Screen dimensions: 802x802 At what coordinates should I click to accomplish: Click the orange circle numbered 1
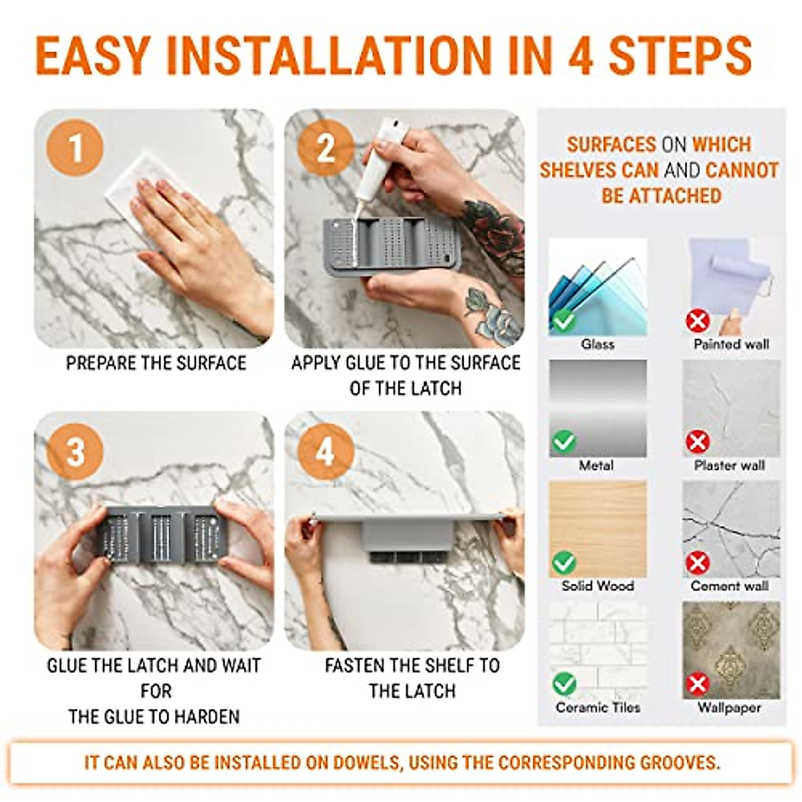point(75,148)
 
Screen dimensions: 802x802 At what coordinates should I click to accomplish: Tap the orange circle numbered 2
point(326,148)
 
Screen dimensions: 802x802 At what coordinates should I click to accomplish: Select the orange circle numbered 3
point(75,452)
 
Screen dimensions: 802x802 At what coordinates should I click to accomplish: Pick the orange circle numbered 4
point(326,452)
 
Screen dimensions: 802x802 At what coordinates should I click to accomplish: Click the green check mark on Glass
point(563,321)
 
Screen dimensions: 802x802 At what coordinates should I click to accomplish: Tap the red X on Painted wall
point(698,321)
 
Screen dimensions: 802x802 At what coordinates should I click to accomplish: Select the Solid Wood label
point(597,586)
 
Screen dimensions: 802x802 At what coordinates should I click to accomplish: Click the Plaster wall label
point(730,465)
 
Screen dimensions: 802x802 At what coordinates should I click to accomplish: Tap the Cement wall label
point(730,586)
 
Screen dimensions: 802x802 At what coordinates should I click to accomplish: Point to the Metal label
point(596,465)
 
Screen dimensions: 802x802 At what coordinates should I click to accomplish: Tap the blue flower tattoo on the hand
point(493,316)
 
